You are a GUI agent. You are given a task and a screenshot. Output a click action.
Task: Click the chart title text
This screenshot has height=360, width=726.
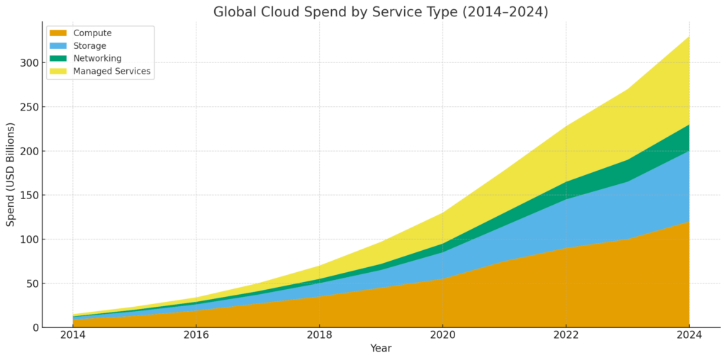(381, 12)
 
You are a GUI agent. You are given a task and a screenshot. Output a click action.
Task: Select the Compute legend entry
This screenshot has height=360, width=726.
(92, 33)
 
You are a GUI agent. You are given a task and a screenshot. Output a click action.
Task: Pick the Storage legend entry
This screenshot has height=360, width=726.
(89, 46)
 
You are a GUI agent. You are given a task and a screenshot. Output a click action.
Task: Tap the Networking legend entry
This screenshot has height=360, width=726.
(97, 59)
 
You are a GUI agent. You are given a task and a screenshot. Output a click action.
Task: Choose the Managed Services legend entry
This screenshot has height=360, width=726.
(111, 72)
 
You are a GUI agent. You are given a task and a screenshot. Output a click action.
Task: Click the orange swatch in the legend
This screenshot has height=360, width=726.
(58, 33)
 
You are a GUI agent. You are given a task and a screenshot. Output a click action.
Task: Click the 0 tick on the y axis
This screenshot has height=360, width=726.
(33, 327)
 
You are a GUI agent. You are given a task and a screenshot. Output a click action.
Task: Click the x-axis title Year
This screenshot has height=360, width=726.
(381, 349)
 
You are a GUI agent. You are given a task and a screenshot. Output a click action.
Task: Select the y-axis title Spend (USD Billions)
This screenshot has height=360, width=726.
(11, 174)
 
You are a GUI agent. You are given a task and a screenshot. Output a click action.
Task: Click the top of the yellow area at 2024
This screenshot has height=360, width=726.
(688, 37)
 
